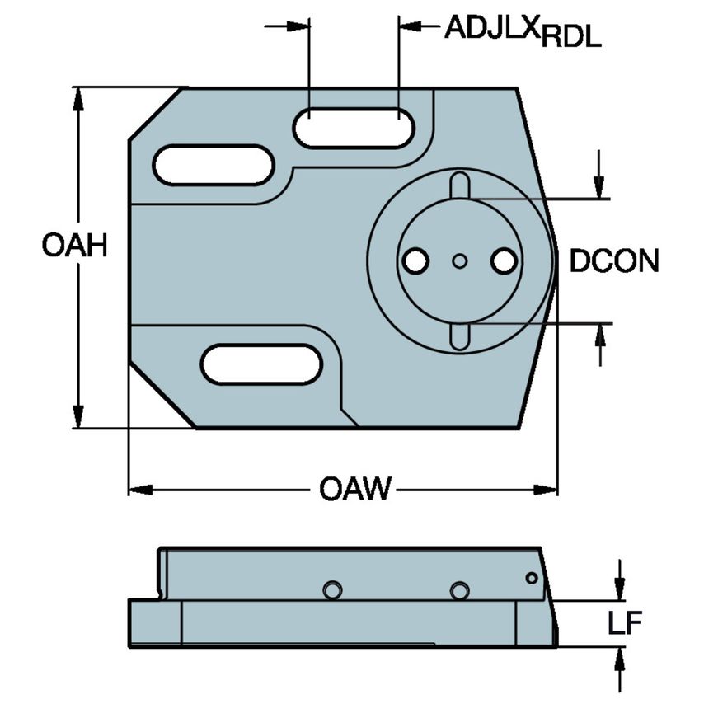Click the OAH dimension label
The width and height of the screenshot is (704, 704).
click(75, 246)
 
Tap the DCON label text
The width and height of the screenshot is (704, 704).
click(614, 261)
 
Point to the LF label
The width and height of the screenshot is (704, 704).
click(624, 624)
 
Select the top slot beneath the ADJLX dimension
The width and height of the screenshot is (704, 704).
click(354, 128)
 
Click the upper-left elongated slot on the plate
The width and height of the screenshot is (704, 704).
click(214, 165)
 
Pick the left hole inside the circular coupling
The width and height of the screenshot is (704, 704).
click(415, 261)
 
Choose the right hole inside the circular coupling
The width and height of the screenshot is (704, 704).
click(502, 261)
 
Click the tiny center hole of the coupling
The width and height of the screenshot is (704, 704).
click(459, 261)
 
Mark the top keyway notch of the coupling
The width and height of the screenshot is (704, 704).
click(459, 185)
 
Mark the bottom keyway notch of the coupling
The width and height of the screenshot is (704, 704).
click(459, 336)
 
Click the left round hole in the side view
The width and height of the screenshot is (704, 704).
click(332, 590)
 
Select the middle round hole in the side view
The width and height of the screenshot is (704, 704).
click(459, 590)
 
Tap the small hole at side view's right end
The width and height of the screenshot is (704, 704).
click(532, 578)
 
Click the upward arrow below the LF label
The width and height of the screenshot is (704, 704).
click(620, 659)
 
